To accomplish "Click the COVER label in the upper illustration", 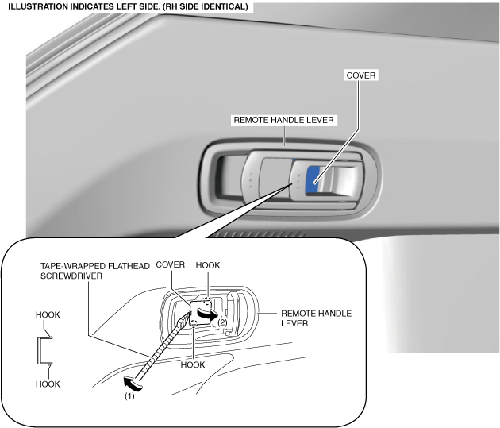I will (361, 75).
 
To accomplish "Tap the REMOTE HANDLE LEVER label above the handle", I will (285, 121).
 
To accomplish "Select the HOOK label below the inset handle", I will (192, 364).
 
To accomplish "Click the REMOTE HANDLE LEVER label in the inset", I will (317, 318).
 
